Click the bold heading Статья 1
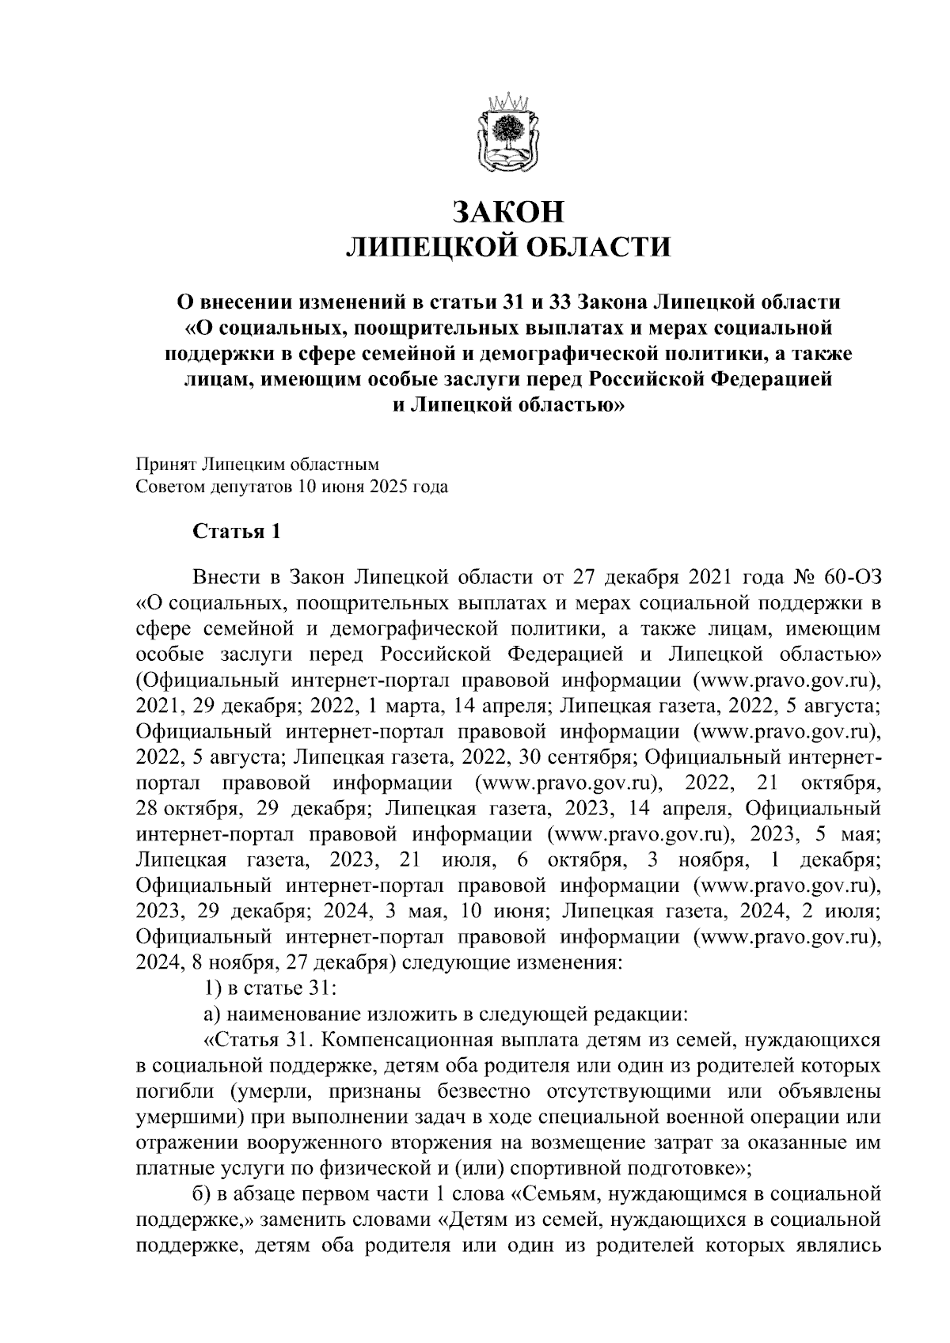237,531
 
